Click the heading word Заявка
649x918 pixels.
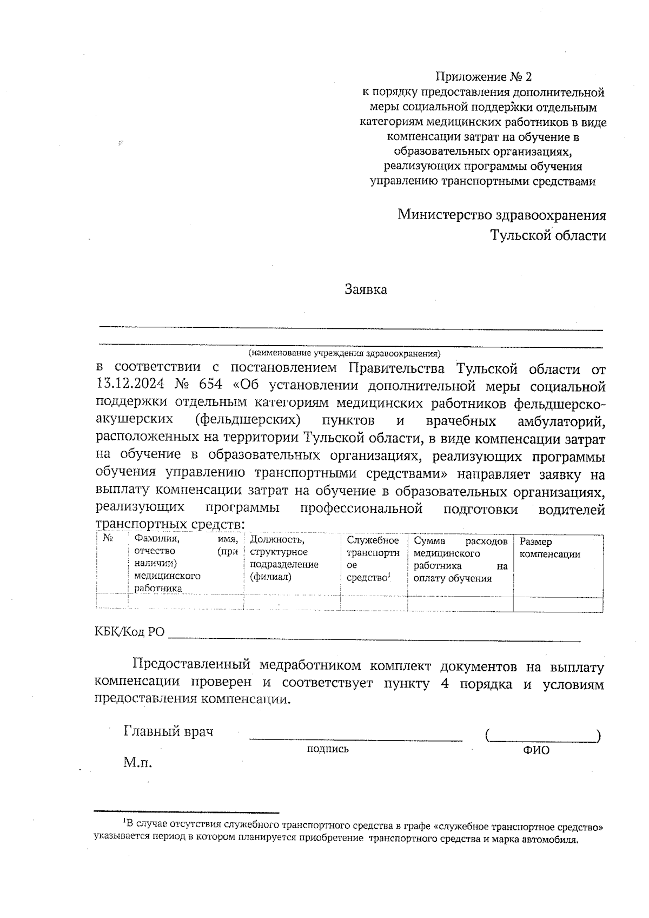point(366,290)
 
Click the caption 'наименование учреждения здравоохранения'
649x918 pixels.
point(345,354)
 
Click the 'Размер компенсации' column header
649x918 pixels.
point(549,547)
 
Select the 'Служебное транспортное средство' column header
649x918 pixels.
point(373,559)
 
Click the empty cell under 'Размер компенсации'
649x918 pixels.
point(558,604)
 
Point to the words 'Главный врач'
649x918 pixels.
point(168,732)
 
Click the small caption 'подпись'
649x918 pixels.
point(328,749)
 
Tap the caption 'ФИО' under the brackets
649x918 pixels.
point(536,750)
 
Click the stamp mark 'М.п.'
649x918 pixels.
point(137,763)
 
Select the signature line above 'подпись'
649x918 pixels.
point(355,738)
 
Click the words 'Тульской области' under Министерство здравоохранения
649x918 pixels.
point(548,236)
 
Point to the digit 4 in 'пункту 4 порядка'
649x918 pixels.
point(445,684)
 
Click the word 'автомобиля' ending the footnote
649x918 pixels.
point(554,840)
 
